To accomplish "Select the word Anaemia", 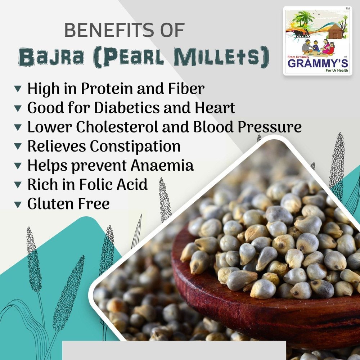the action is (162, 165).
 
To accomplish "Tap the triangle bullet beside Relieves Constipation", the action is (18, 146).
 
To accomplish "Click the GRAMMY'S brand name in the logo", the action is (318, 63).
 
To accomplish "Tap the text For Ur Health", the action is (337, 70).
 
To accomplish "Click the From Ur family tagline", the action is (298, 57).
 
